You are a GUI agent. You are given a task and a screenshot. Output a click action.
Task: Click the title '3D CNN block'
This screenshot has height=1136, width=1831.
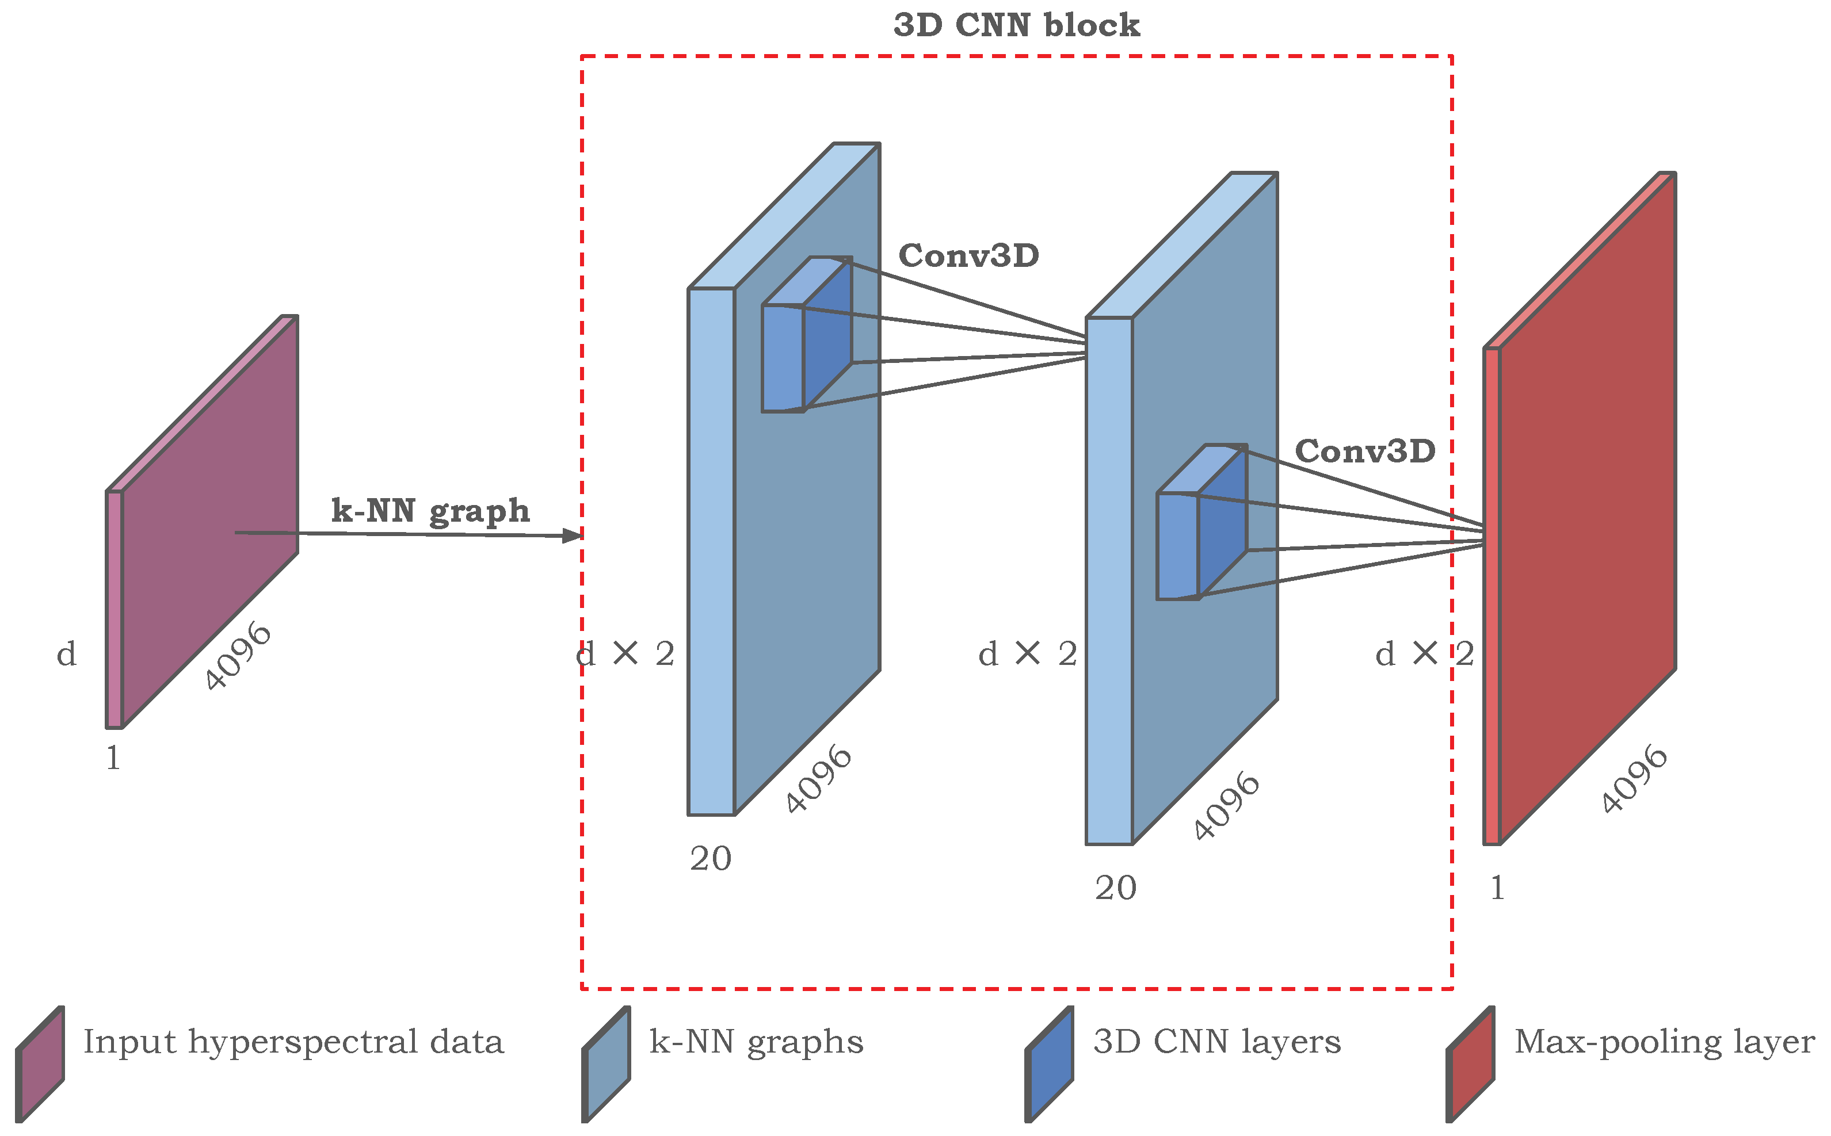click(1016, 25)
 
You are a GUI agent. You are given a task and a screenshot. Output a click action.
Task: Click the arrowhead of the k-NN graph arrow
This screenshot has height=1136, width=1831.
click(574, 536)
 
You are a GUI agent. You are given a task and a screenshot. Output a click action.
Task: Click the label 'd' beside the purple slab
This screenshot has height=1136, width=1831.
click(67, 655)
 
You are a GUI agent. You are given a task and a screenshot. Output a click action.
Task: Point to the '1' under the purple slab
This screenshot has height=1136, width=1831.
click(113, 759)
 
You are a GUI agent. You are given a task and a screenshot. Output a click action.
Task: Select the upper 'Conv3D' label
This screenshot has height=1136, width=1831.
click(969, 256)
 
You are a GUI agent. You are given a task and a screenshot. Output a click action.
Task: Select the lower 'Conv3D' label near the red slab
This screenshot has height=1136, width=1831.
click(1365, 452)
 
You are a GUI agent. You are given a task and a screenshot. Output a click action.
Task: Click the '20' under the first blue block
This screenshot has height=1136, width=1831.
click(710, 859)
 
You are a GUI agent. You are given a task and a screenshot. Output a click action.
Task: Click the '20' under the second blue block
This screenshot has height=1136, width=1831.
click(1115, 889)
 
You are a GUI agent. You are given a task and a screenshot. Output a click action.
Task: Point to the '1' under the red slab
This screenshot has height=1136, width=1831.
click(1497, 889)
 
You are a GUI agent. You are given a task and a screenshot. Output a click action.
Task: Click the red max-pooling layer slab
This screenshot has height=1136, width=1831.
click(1586, 511)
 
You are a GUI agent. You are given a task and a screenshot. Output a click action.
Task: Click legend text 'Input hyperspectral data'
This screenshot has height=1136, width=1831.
click(293, 1042)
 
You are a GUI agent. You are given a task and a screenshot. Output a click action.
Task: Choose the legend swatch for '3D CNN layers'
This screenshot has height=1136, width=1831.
click(1050, 1065)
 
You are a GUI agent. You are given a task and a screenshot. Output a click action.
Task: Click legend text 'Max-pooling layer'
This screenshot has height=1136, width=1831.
click(1664, 1042)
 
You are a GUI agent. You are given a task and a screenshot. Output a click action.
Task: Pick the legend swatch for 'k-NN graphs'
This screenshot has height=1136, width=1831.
click(606, 1065)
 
